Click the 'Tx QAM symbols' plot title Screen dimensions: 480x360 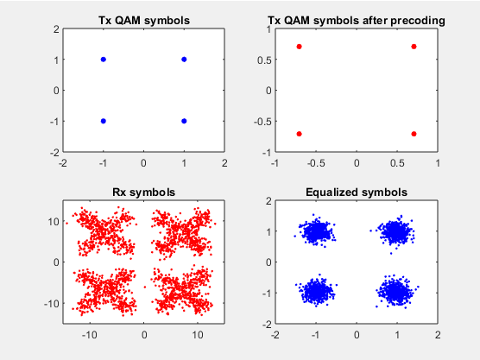pos(144,21)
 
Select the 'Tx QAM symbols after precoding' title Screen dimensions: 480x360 pos(357,21)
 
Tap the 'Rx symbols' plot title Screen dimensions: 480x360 pos(144,193)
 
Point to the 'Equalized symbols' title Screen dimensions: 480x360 pos(357,193)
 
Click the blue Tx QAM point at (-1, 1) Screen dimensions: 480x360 pos(104,60)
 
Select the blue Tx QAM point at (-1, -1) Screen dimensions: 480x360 pos(104,121)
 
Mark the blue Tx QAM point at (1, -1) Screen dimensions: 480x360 pos(184,121)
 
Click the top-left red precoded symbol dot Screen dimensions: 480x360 pos(299,47)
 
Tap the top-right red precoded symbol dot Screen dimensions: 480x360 pos(414,47)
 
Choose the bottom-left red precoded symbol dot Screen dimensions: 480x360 pos(299,134)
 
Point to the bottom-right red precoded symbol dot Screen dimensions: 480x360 pos(414,134)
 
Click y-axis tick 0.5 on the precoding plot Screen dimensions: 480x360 pos(264,60)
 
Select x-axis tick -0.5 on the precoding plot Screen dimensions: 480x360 pos(316,163)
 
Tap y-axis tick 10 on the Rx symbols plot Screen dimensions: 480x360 pos(54,221)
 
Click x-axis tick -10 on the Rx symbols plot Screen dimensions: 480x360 pos(90,335)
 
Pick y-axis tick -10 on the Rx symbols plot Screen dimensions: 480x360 pos(52,303)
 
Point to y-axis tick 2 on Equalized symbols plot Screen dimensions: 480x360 pos(268,201)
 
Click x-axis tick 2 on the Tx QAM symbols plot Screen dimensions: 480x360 pos(224,163)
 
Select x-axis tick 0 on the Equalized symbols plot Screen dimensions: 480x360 pos(357,335)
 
